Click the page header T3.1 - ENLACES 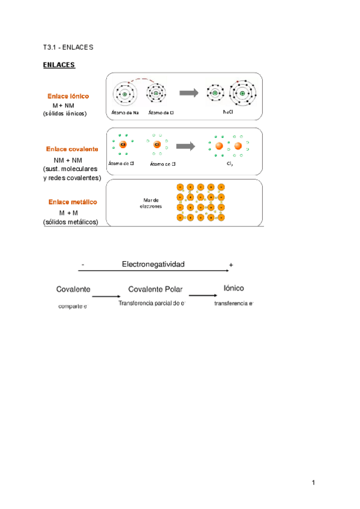point(68,46)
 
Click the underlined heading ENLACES point(59,64)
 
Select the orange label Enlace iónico point(68,96)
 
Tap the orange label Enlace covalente point(72,148)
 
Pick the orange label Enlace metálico point(73,202)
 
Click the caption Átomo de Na point(125,112)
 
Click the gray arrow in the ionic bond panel point(188,92)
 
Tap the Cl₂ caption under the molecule point(230,163)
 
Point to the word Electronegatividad point(153,264)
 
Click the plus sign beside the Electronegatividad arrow point(231,265)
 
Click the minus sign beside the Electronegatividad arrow point(82,265)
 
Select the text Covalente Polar point(155,289)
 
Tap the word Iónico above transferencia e point(233,289)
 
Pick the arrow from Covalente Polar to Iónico point(203,295)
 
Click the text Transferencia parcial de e point(151,303)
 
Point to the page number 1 point(313,482)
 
